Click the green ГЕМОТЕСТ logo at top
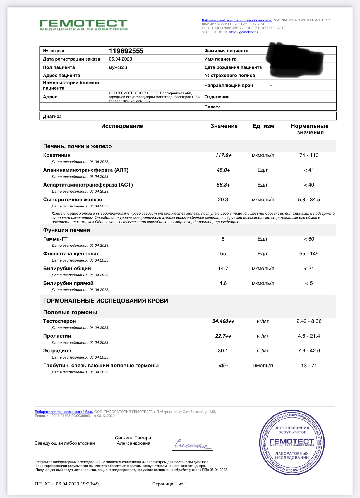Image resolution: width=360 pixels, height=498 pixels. click(x=84, y=25)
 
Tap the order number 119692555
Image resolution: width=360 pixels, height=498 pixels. click(x=126, y=51)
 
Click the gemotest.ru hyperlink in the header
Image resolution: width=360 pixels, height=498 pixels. click(x=243, y=32)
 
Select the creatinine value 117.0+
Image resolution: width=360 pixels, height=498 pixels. click(x=223, y=155)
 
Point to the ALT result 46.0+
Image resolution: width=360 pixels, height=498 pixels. click(x=223, y=170)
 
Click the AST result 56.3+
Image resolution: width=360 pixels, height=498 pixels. click(x=223, y=185)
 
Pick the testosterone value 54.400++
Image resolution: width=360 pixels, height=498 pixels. click(x=223, y=321)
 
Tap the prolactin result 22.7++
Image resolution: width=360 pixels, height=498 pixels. click(x=223, y=336)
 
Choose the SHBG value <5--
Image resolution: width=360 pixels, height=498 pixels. click(x=223, y=366)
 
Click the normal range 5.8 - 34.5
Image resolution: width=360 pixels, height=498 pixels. click(x=309, y=200)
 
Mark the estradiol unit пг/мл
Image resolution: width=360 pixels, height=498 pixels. click(x=263, y=351)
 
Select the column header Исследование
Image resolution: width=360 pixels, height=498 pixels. click(x=122, y=126)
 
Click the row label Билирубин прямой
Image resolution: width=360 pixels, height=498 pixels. click(x=68, y=283)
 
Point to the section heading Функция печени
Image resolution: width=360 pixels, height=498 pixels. click(x=66, y=230)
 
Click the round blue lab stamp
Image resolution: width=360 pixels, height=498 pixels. click(x=292, y=443)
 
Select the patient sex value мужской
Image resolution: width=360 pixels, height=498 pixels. click(x=118, y=67)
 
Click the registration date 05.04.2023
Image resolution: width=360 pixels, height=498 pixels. click(x=120, y=59)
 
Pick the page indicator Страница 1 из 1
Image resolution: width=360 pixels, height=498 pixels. click(x=169, y=484)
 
